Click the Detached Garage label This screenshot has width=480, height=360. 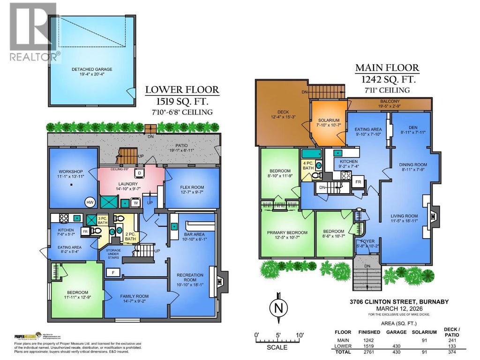coord(92,69)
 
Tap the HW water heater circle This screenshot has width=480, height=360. coord(89,202)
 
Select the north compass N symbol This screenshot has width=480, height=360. coord(278,307)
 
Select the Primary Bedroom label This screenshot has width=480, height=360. coord(287,232)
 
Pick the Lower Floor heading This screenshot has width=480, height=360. coord(181,90)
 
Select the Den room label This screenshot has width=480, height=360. coord(413,127)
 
